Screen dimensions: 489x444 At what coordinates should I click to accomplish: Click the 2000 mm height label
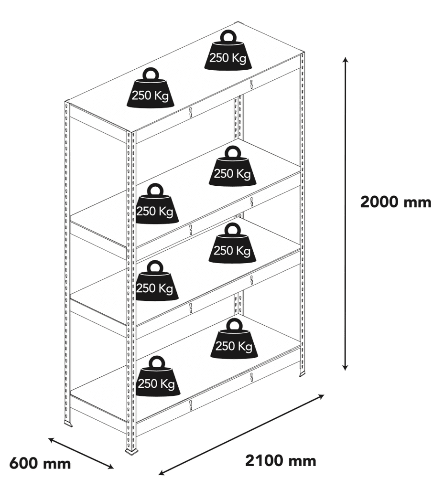pyautogui.click(x=395, y=202)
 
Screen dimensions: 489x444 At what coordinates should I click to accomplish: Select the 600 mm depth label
pyautogui.click(x=40, y=463)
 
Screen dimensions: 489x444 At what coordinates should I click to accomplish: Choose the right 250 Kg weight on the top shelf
pyautogui.click(x=227, y=53)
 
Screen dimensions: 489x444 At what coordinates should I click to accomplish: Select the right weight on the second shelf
pyautogui.click(x=232, y=170)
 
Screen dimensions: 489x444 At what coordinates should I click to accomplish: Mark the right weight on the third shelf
pyautogui.click(x=232, y=246)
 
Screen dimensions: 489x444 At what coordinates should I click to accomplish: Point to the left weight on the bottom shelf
pyautogui.click(x=155, y=380)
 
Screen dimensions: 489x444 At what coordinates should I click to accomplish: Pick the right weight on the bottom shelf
pyautogui.click(x=233, y=342)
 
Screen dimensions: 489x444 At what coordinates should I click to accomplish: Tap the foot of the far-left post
pyautogui.click(x=68, y=424)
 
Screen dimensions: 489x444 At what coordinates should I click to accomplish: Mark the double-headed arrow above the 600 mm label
pyautogui.click(x=80, y=452)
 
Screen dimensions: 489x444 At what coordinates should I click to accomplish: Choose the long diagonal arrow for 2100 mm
pyautogui.click(x=242, y=434)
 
